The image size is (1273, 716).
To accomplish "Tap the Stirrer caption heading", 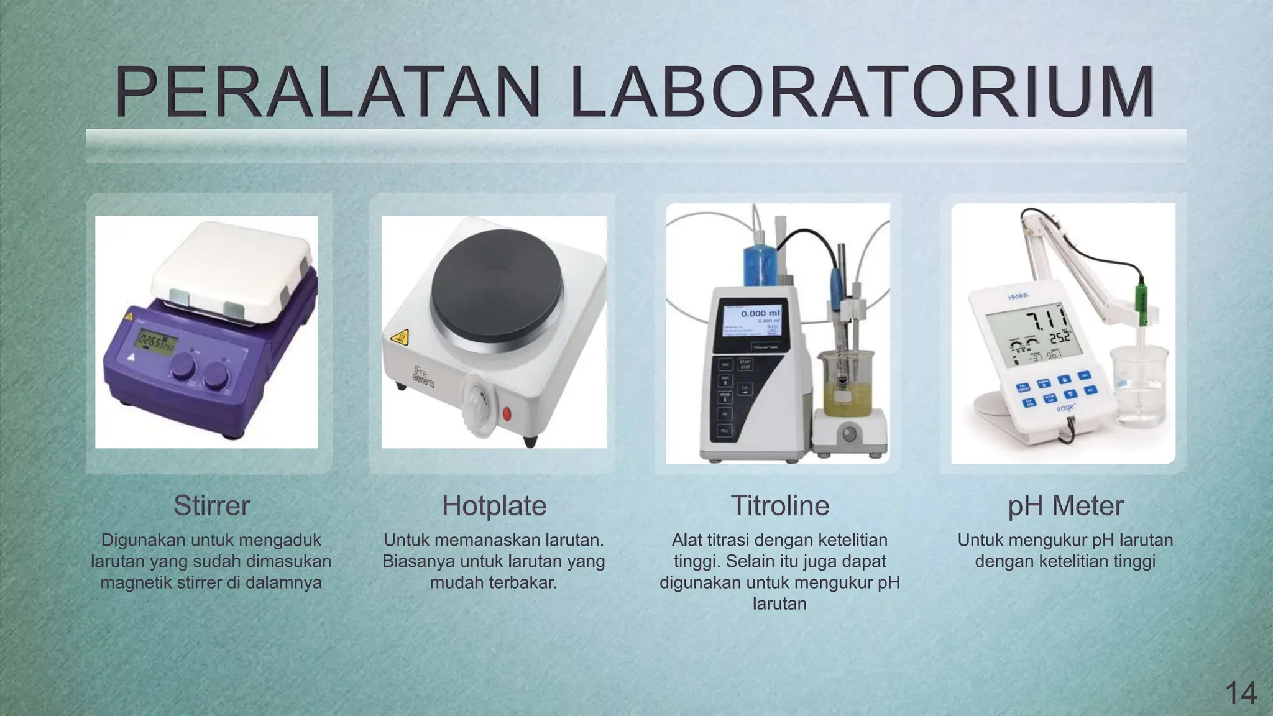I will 211,506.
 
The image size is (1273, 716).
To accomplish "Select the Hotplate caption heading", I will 494,506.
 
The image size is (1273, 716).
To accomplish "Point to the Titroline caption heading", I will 779,506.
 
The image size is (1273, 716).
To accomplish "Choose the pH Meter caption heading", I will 1065,506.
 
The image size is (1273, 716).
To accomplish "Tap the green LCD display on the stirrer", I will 157,341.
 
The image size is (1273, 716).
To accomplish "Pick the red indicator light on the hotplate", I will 507,413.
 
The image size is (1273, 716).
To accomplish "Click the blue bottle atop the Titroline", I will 760,265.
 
